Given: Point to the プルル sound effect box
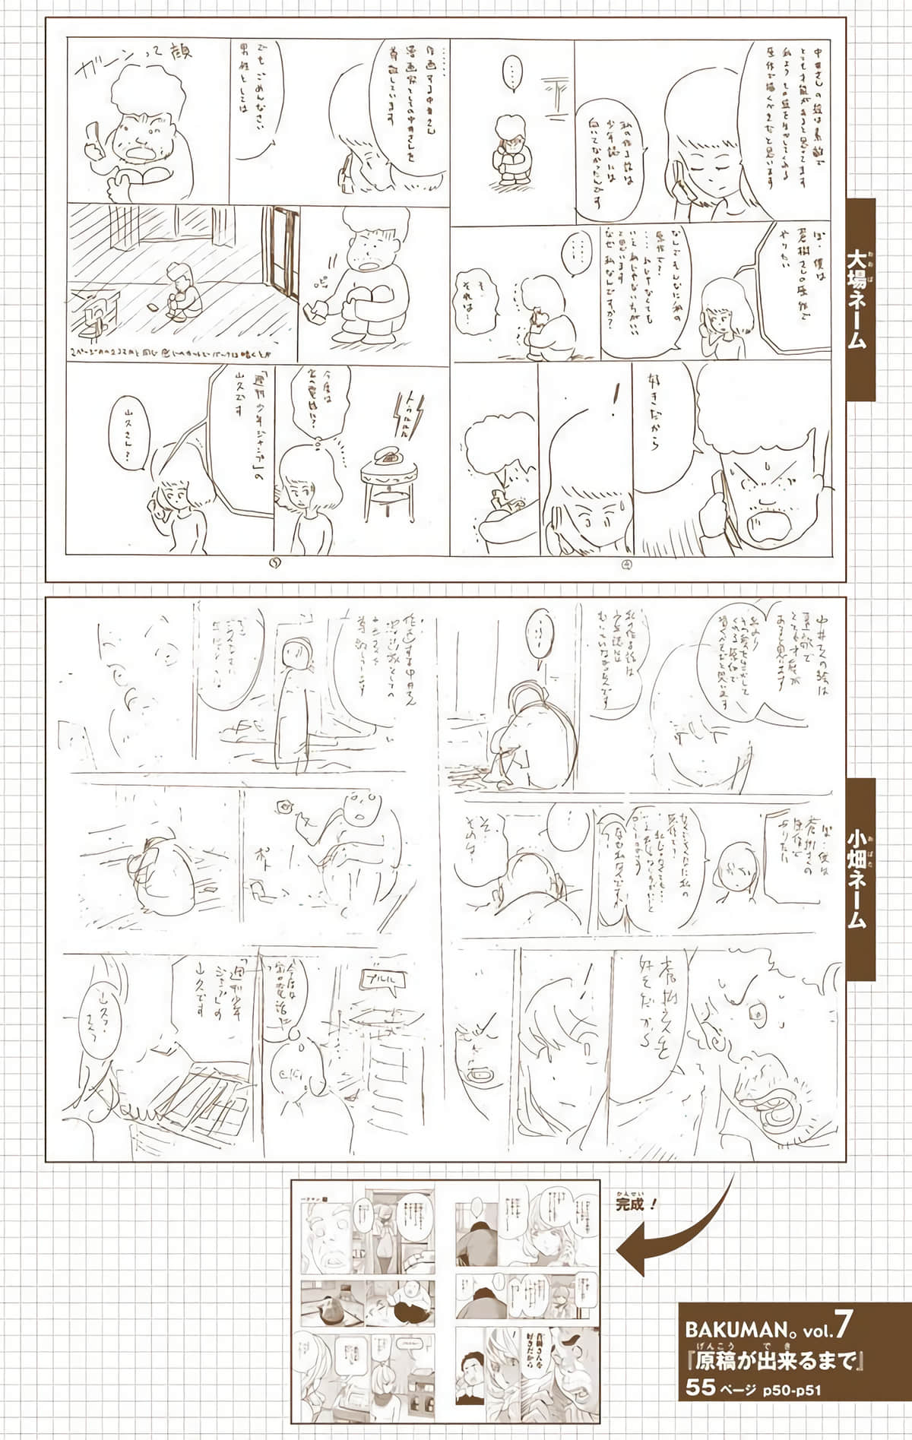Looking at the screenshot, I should [389, 976].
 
